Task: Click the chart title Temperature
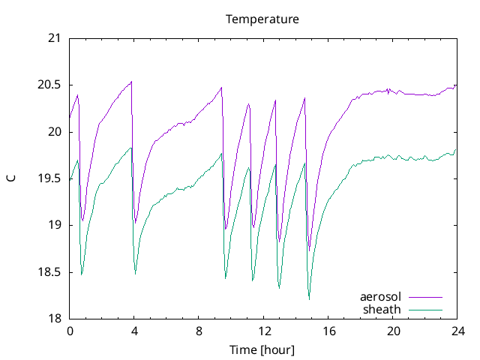click(262, 19)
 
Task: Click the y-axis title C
click(10, 178)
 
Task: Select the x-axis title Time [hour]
click(262, 350)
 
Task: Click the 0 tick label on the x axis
click(70, 331)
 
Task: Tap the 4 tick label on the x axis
click(134, 331)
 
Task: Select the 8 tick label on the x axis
click(199, 331)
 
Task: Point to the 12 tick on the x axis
click(263, 331)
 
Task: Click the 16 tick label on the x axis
click(328, 331)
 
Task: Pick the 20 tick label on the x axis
click(392, 331)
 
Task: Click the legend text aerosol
click(381, 297)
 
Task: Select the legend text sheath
click(383, 309)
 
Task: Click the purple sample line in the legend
click(424, 298)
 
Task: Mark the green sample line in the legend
click(424, 309)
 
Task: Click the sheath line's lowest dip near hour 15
click(309, 299)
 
